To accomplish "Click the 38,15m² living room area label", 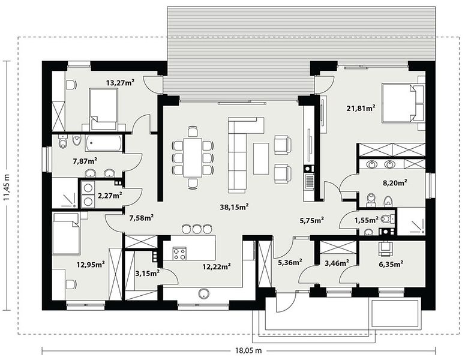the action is point(234,206).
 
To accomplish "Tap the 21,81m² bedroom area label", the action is point(361,108).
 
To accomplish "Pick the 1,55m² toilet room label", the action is point(366,220).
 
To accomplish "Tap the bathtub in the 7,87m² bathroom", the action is point(103,143).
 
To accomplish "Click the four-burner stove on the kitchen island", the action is point(179,254).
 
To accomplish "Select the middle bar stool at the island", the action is point(197,229).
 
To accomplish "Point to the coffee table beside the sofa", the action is point(261,158).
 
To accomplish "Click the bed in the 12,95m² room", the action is point(66,234).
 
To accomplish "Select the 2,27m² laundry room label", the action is point(110,196).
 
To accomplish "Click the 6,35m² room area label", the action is point(391,263).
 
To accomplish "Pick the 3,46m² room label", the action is point(337,262).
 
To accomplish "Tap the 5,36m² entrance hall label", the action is point(290,262).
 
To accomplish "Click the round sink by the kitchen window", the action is point(204,293).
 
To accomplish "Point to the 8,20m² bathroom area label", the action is point(395,182).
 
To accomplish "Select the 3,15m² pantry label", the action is point(148,273).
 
